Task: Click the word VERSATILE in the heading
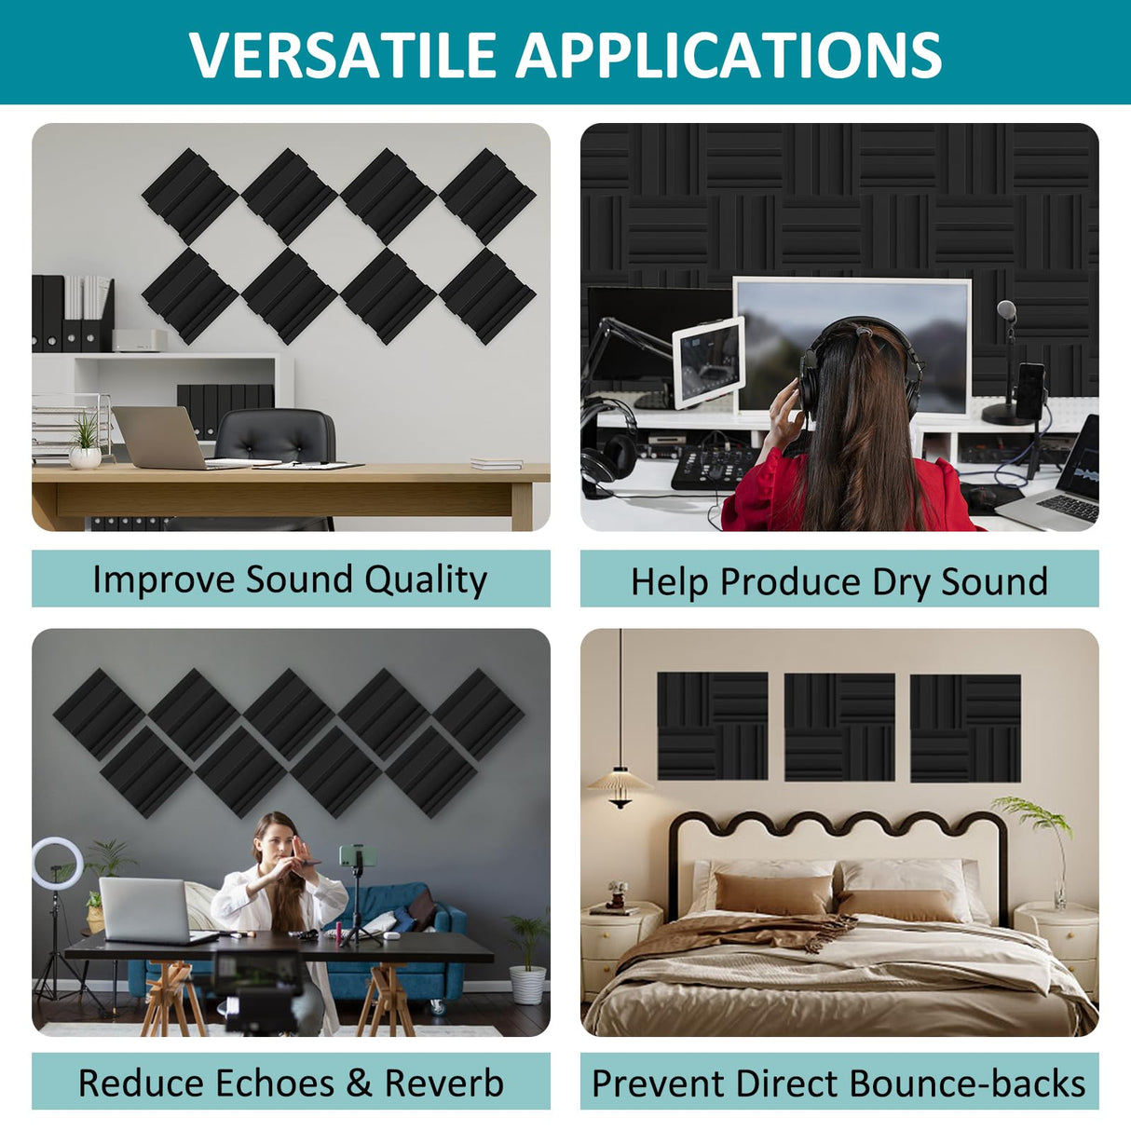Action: [344, 55]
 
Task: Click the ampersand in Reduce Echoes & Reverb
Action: [359, 1083]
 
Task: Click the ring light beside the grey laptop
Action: [57, 864]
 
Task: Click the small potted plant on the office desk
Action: [85, 443]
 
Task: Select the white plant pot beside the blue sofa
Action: [527, 984]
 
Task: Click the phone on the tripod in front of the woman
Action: [354, 855]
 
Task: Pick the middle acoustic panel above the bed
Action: [839, 727]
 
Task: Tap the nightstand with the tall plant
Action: [1057, 941]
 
